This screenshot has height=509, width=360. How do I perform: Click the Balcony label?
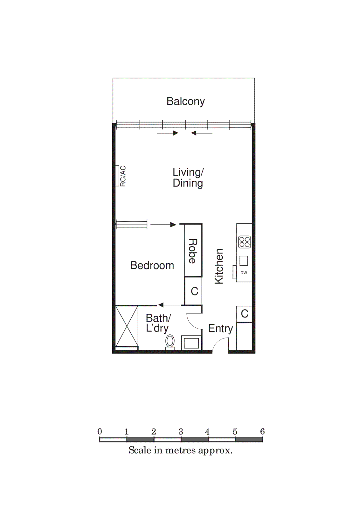[x=185, y=101]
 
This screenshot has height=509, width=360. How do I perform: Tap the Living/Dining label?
[x=188, y=178]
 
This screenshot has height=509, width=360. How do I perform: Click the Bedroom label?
[x=152, y=265]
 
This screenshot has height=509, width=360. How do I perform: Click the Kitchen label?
[x=219, y=266]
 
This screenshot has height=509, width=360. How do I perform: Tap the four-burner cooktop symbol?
[x=245, y=242]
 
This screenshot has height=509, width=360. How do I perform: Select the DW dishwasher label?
[x=244, y=273]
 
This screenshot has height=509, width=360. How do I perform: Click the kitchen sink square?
[x=244, y=261]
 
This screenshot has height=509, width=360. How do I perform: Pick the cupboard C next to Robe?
[x=194, y=291]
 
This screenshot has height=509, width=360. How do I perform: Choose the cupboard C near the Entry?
[x=244, y=314]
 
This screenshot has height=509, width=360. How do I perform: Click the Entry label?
[x=220, y=328]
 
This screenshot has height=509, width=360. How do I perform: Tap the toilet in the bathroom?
[x=170, y=341]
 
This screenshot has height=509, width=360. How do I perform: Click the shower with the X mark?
[x=127, y=326]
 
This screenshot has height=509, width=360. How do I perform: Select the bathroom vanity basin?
[x=191, y=343]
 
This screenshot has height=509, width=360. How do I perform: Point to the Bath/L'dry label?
[x=158, y=323]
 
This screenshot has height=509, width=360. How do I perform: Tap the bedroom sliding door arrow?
[x=163, y=225]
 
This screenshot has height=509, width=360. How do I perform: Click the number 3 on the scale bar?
[x=181, y=432]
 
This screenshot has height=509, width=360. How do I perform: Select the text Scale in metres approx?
[x=180, y=450]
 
